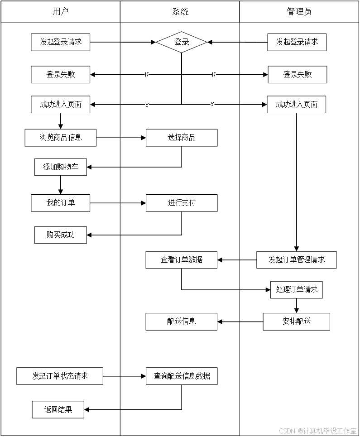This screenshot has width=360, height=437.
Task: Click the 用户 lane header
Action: click(x=60, y=12)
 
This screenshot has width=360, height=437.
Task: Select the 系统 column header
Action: click(x=180, y=12)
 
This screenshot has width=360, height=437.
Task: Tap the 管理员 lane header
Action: click(x=299, y=12)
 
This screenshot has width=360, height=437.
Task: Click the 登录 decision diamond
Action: click(x=182, y=42)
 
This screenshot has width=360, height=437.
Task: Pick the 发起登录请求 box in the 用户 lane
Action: click(x=60, y=42)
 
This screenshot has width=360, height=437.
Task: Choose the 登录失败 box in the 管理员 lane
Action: click(x=297, y=74)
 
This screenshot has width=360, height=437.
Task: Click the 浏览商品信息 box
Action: click(x=60, y=137)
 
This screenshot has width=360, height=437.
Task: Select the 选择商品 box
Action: click(x=182, y=138)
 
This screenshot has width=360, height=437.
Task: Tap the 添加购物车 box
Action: click(x=60, y=167)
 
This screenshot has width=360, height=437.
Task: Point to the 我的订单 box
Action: click(x=60, y=203)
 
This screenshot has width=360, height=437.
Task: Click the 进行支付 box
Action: click(x=182, y=203)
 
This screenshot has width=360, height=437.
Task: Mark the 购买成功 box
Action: click(x=60, y=235)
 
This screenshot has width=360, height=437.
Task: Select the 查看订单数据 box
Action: click(x=182, y=260)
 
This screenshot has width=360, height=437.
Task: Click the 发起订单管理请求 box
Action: click(x=297, y=260)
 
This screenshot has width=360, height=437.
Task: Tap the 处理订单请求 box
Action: click(x=297, y=290)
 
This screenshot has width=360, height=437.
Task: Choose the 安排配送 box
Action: click(x=297, y=322)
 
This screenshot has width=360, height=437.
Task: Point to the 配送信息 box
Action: click(x=182, y=322)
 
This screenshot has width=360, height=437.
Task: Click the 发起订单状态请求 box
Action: click(x=60, y=376)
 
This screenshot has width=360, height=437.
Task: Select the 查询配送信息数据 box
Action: click(x=182, y=376)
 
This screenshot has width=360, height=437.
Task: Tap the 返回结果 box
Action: click(x=58, y=410)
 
